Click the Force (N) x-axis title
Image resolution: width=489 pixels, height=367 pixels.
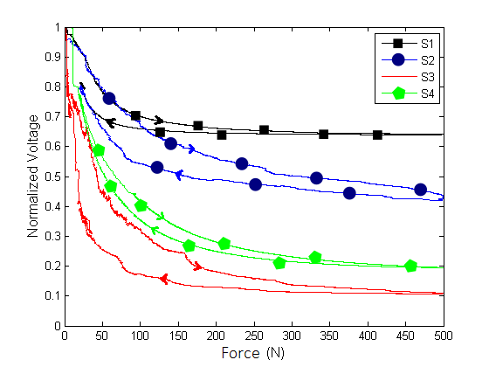pyautogui.click(x=253, y=353)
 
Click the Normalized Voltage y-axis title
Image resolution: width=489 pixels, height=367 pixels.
pyautogui.click(x=33, y=177)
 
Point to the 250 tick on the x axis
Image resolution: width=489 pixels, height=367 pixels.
pyautogui.click(x=253, y=335)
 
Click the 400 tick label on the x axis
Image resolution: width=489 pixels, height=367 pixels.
pyautogui.click(x=367, y=335)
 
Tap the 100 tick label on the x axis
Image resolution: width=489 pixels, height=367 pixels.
pyautogui.click(x=140, y=335)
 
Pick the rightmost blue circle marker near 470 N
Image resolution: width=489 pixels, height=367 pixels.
pyautogui.click(x=420, y=190)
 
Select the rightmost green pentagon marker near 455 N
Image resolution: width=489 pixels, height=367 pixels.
pyautogui.click(x=410, y=266)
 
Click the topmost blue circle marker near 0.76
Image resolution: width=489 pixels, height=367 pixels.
pyautogui.click(x=109, y=98)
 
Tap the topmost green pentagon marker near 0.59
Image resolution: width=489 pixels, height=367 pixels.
pyautogui.click(x=99, y=150)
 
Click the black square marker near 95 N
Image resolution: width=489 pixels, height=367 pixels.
pyautogui.click(x=135, y=115)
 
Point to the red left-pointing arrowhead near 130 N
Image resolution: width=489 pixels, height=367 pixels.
pyautogui.click(x=163, y=279)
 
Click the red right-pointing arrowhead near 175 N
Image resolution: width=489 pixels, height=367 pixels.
pyautogui.click(x=198, y=267)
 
